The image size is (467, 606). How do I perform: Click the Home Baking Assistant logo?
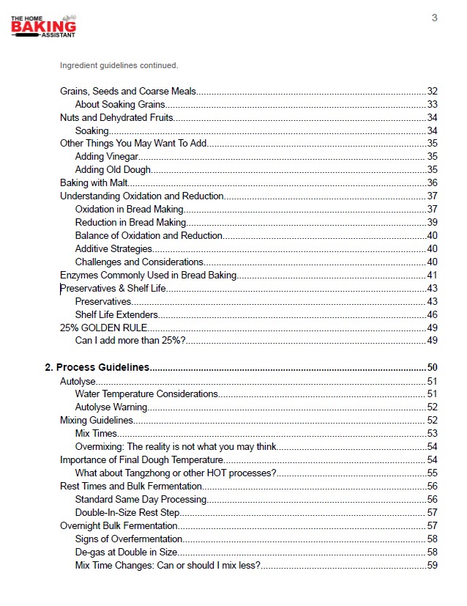43,27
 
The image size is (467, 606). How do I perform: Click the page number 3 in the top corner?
434,18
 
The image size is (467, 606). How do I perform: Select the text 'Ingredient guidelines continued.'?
119,65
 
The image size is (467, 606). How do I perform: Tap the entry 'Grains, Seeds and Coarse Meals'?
128,91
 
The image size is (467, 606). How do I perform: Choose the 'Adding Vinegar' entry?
107,157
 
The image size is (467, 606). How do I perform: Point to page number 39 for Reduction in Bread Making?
432,222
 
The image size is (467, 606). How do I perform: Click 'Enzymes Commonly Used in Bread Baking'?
149,275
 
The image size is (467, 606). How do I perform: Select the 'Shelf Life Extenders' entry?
116,314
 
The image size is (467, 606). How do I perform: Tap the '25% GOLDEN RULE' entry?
103,328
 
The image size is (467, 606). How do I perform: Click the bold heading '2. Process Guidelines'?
97,367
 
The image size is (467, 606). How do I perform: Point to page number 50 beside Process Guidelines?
432,367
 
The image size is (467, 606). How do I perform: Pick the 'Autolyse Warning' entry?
111,407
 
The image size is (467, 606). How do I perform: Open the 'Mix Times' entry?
96,433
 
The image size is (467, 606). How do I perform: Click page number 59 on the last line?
432,565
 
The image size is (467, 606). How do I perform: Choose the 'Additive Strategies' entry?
113,248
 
